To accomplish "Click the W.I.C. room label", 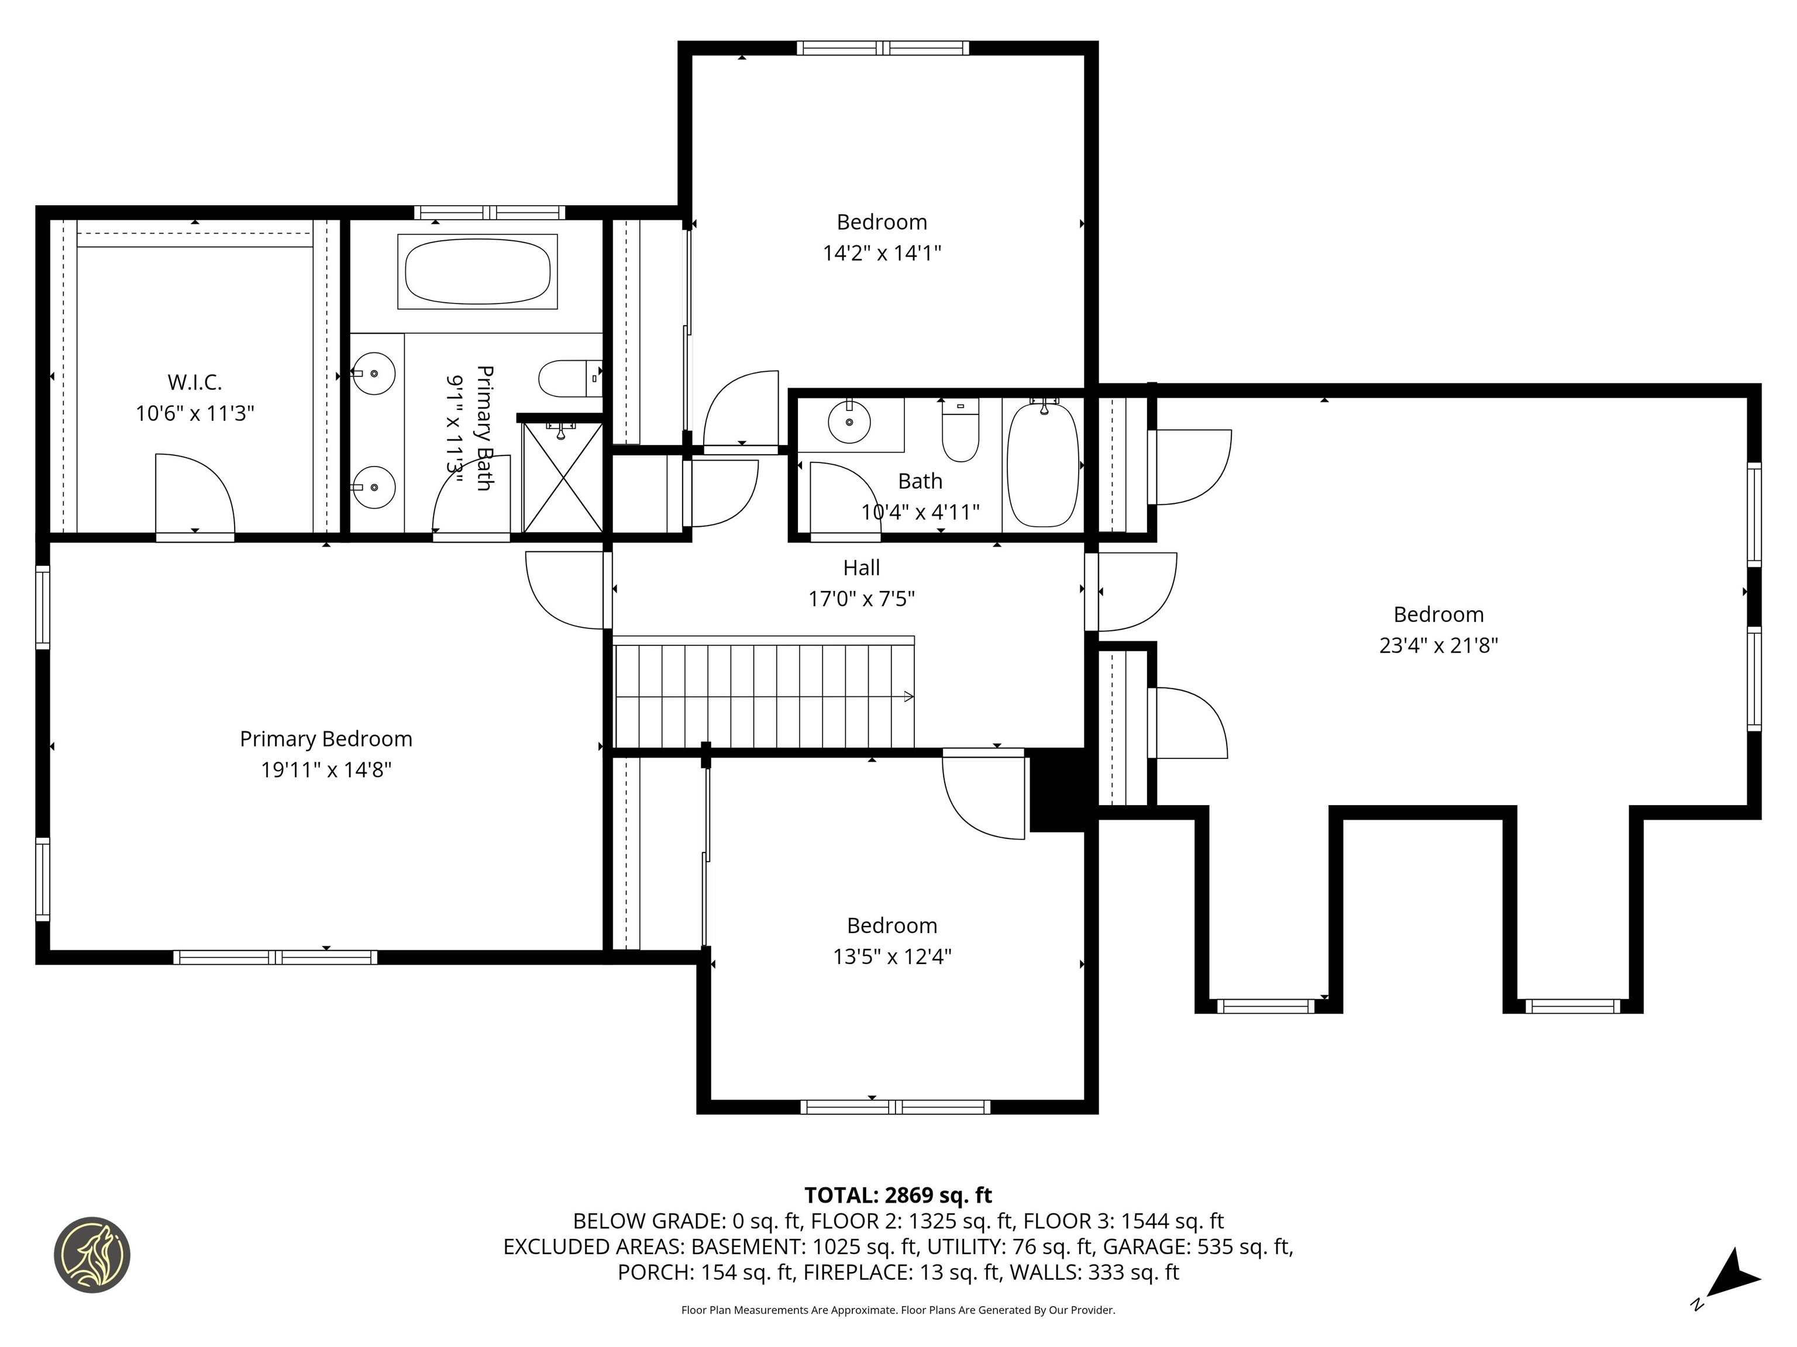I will [194, 382].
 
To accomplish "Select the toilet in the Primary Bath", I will [569, 378].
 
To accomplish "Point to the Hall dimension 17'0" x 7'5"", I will [861, 599].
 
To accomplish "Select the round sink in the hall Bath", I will [849, 422].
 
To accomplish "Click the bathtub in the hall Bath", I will [1043, 465].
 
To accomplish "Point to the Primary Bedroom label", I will [326, 739].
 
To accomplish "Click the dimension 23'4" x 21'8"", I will [1438, 645].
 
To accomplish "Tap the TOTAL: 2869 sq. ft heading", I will [898, 1195].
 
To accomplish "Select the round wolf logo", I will [92, 1255].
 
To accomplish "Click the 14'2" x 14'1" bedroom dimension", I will [882, 253].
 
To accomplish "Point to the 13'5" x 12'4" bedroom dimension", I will [891, 956].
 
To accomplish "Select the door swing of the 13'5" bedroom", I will [983, 796].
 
